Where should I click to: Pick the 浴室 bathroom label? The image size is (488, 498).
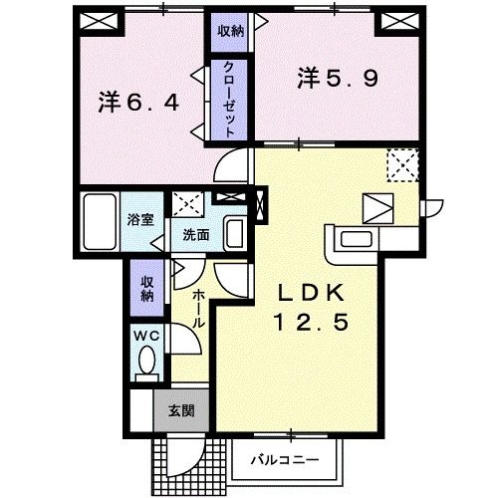139,220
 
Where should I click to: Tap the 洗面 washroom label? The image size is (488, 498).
195,236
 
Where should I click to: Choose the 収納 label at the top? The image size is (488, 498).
230,31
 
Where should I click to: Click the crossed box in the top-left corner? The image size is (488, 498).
98,21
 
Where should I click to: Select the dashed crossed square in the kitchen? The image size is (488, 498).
402,163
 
